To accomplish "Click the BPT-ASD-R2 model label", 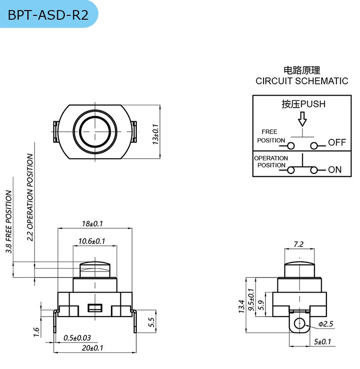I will tap(48, 15).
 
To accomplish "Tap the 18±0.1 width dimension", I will tap(93, 224).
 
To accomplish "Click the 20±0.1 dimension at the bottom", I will tap(92, 348).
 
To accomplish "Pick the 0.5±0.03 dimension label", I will tap(77, 338).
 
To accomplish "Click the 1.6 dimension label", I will tap(36, 332).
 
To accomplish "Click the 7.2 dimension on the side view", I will tap(298, 244).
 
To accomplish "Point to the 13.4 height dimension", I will tap(241, 307).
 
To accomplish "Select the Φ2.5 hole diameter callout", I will tap(325, 324).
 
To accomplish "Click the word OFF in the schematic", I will tap(337, 143).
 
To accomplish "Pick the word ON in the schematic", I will tap(335, 170).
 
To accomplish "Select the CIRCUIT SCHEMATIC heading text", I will tap(302, 81).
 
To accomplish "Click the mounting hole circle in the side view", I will tap(300, 322).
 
